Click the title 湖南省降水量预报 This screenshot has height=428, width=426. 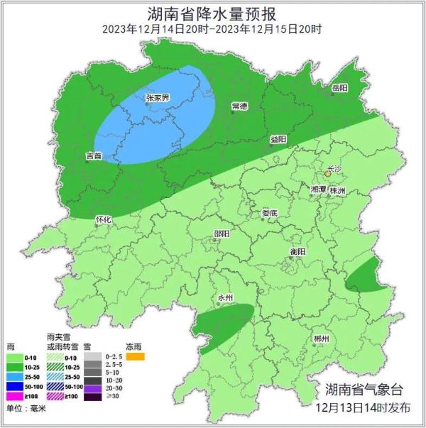212,13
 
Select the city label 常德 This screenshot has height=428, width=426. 239,106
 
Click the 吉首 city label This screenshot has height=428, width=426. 93,155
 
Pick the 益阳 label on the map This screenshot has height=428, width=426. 278,139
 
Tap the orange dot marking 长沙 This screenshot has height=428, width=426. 327,172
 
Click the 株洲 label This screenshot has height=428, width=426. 337,191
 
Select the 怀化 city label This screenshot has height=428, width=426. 103,219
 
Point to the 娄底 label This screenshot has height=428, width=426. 269,213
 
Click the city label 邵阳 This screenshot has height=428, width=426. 222,234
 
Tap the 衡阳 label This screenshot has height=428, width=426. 298,252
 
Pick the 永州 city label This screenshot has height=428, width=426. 225,297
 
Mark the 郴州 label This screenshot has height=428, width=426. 321,339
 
